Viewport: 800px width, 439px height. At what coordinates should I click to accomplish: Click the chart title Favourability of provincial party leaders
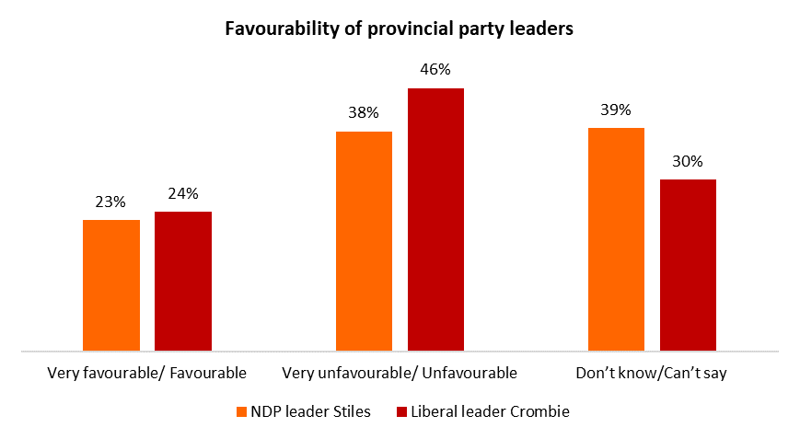point(400,29)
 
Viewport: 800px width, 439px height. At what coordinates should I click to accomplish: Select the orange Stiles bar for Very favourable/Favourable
point(111,285)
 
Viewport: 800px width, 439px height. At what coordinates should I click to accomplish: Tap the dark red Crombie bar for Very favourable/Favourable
point(183,281)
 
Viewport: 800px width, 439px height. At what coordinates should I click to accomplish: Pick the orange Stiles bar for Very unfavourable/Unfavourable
point(364,241)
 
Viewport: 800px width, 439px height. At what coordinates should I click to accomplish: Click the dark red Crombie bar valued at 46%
point(435,219)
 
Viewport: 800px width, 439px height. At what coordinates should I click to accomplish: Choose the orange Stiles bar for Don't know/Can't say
point(616,239)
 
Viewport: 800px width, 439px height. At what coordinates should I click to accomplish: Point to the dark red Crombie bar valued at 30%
point(688,265)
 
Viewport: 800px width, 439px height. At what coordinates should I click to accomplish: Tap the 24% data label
point(183,194)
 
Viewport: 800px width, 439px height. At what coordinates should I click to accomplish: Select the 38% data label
point(364,114)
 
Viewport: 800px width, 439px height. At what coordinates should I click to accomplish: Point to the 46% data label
point(435,70)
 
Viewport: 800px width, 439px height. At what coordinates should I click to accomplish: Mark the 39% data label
point(616,110)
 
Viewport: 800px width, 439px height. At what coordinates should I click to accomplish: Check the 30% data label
point(688,161)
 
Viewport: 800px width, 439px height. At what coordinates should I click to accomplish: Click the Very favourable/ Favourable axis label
point(146,373)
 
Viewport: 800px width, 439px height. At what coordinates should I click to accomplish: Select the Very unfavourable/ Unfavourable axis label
point(400,373)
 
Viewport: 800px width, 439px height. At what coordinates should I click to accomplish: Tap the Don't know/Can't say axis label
point(652,373)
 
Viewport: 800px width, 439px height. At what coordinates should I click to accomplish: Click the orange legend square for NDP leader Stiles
point(242,412)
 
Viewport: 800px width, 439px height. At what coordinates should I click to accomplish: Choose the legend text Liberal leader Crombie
point(490,411)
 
